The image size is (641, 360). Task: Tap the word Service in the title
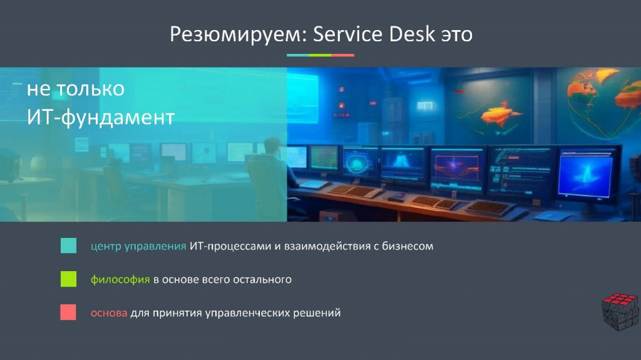coord(348,34)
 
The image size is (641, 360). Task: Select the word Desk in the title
coord(412,34)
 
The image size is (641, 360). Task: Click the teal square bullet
coord(68,245)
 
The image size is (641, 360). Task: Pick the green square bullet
coord(68,279)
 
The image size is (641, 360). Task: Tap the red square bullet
coord(68,312)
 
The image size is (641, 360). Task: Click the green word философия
coord(120,280)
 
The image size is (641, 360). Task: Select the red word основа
coord(109,313)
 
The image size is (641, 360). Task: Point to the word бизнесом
coord(408,246)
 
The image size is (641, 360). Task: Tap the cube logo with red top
coord(620,311)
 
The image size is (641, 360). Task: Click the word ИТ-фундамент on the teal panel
coord(101,118)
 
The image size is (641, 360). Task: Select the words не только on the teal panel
coord(76,89)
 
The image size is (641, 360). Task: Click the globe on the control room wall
coord(602,102)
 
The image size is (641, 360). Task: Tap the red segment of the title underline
coord(342,55)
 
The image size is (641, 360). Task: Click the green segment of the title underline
coord(320,55)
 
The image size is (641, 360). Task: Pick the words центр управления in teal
coord(138,247)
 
